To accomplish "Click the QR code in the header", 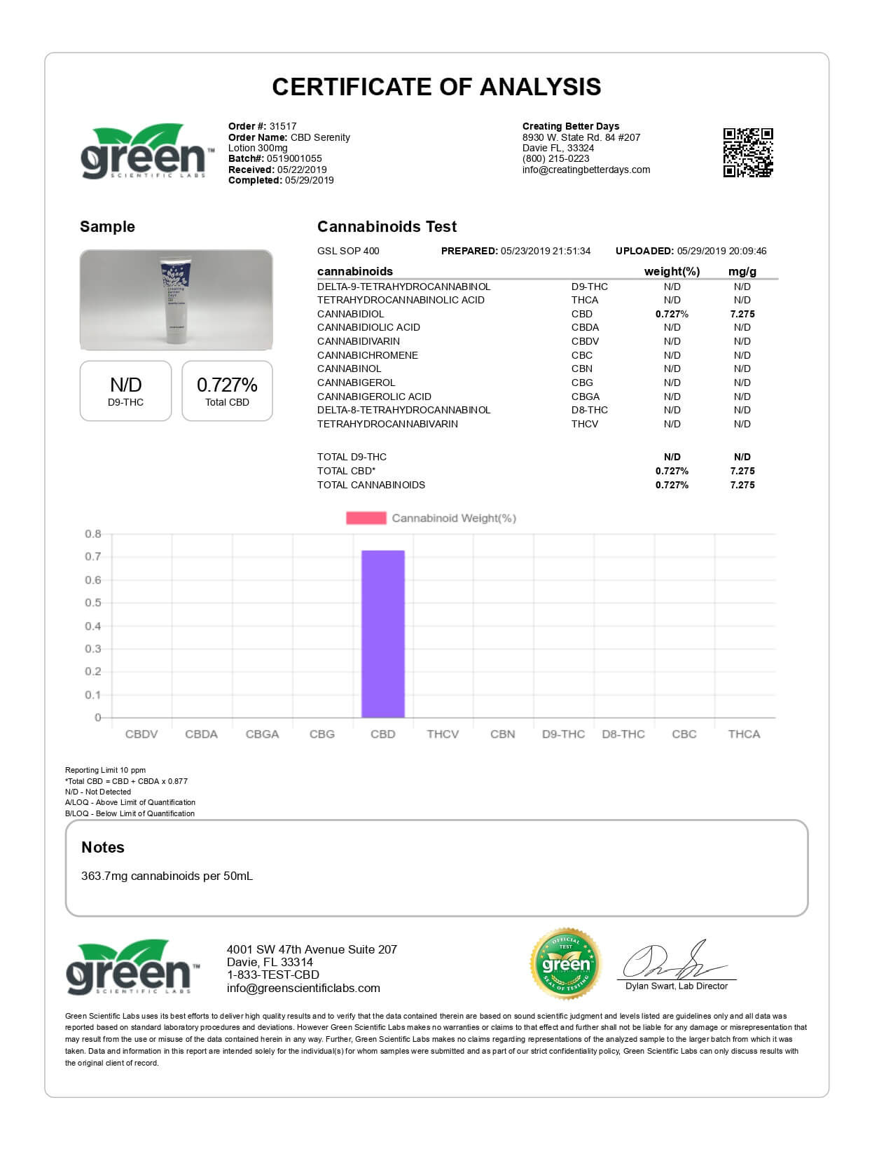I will tap(747, 153).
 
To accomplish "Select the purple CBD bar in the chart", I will tap(382, 633).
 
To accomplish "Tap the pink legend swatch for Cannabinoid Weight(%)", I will tap(366, 518).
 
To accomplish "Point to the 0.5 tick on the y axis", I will tap(93, 603).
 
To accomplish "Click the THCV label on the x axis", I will tap(443, 734).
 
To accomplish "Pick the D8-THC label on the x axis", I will tap(623, 734).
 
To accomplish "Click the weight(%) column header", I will tap(672, 271).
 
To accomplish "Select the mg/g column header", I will tap(742, 271).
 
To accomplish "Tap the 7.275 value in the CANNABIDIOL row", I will tap(742, 314).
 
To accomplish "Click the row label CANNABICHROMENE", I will tap(368, 355).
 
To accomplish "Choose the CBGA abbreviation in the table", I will tap(586, 397).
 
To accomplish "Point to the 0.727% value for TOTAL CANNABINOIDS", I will tap(672, 485).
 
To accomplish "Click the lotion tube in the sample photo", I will tap(176, 300).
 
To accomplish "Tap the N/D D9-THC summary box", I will tap(125, 391).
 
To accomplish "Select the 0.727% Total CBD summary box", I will tap(227, 391).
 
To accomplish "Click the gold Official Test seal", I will tap(566, 964).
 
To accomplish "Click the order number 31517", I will tap(283, 127).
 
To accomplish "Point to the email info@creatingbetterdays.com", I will tap(586, 170).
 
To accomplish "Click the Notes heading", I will tap(103, 847).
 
